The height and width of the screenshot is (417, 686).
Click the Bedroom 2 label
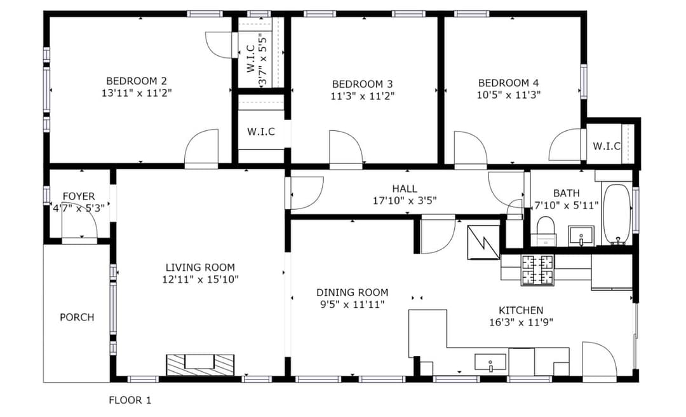coord(137,81)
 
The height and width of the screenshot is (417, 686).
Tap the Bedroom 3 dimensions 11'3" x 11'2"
coord(363,96)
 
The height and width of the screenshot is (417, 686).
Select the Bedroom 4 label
coord(508,83)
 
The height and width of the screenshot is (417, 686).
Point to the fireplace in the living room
coord(200,364)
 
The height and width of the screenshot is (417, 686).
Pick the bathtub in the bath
coord(616,214)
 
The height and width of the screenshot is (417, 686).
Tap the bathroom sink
coord(581,236)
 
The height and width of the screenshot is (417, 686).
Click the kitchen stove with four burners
coord(537,270)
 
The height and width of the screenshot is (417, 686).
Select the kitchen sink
coord(490,363)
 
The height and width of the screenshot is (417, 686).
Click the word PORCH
coord(77,317)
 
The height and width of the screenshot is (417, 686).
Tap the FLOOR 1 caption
coord(130,400)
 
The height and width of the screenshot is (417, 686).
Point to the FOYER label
coord(79,196)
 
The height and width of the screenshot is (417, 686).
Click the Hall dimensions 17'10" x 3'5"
coord(405,201)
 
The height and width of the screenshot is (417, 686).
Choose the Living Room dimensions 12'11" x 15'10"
coord(200,280)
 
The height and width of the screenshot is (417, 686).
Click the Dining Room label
coord(352,292)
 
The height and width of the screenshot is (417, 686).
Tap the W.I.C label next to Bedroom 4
coord(607,146)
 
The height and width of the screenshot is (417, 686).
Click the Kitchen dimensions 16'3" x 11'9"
coord(521,323)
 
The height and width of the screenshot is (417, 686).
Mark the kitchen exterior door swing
coord(600,359)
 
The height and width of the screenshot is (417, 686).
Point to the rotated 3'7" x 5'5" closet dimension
coord(262,60)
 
